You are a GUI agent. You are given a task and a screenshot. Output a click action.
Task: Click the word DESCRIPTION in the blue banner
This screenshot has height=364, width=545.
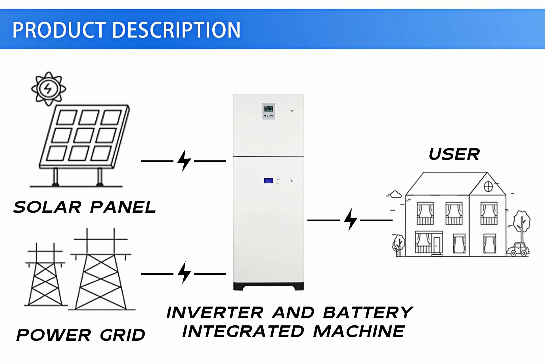pos(176,30)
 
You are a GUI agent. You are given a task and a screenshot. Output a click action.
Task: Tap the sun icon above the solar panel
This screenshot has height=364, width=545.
pos(49,89)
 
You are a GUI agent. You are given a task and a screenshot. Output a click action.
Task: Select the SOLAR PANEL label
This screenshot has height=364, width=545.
pos(85,207)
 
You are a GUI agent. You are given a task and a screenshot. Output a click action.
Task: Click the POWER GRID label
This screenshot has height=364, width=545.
pos(81,335)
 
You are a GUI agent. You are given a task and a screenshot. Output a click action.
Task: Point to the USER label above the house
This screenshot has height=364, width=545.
pos(454,154)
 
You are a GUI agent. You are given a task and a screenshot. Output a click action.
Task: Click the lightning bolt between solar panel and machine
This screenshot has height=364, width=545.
pos(184,161)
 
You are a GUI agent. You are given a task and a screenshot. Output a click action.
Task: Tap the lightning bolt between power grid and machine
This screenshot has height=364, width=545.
pos(184,273)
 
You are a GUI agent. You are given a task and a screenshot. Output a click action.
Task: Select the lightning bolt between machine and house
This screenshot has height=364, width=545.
pos(350,220)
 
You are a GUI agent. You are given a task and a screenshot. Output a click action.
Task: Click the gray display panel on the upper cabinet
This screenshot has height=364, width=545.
pos(269,111)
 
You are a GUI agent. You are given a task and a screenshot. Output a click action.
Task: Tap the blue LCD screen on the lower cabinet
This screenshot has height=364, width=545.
pos(268,181)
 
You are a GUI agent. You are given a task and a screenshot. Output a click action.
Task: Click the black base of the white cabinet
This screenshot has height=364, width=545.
pos(269,286)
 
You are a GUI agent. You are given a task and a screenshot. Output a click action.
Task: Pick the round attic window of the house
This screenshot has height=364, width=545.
pos(488,187)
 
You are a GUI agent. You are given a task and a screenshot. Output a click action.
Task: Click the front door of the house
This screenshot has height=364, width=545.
pos(437,244)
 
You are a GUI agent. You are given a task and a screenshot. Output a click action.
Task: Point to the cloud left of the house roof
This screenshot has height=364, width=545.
pos(395,195)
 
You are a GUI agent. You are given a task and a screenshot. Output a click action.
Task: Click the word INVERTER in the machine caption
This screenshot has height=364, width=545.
pos(215,313)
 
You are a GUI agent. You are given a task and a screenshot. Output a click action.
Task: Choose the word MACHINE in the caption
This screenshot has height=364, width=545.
pos(359,332)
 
